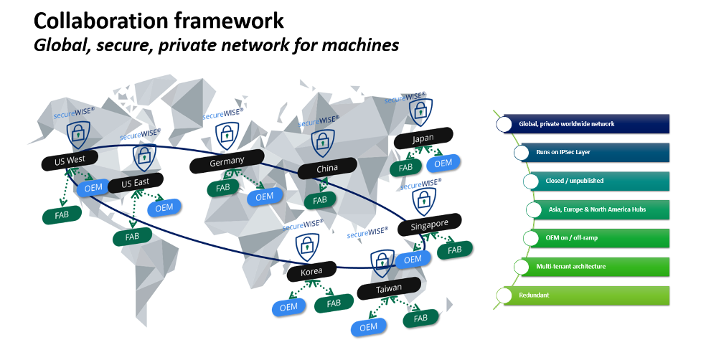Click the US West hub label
70,161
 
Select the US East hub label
135,182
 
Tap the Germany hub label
227,162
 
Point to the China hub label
327,169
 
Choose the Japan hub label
423,138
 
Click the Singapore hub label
429,224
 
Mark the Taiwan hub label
388,289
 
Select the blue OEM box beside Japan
443,164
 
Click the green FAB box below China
319,200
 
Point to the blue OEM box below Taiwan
368,327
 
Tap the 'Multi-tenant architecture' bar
601,267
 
